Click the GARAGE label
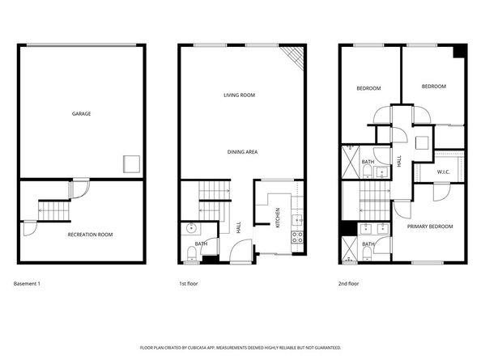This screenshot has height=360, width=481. click(x=80, y=113)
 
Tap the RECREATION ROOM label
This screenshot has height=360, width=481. click(x=90, y=235)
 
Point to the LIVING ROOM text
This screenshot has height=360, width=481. click(x=240, y=95)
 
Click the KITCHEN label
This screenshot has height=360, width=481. click(x=279, y=217)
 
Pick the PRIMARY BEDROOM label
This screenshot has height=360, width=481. click(x=428, y=227)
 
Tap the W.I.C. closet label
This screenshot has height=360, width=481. click(x=443, y=172)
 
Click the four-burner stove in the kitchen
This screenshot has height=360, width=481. click(x=296, y=238)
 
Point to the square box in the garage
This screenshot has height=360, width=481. click(x=131, y=163)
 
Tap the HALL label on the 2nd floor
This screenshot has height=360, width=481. click(x=399, y=162)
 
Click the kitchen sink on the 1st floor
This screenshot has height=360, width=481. click(x=296, y=217)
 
